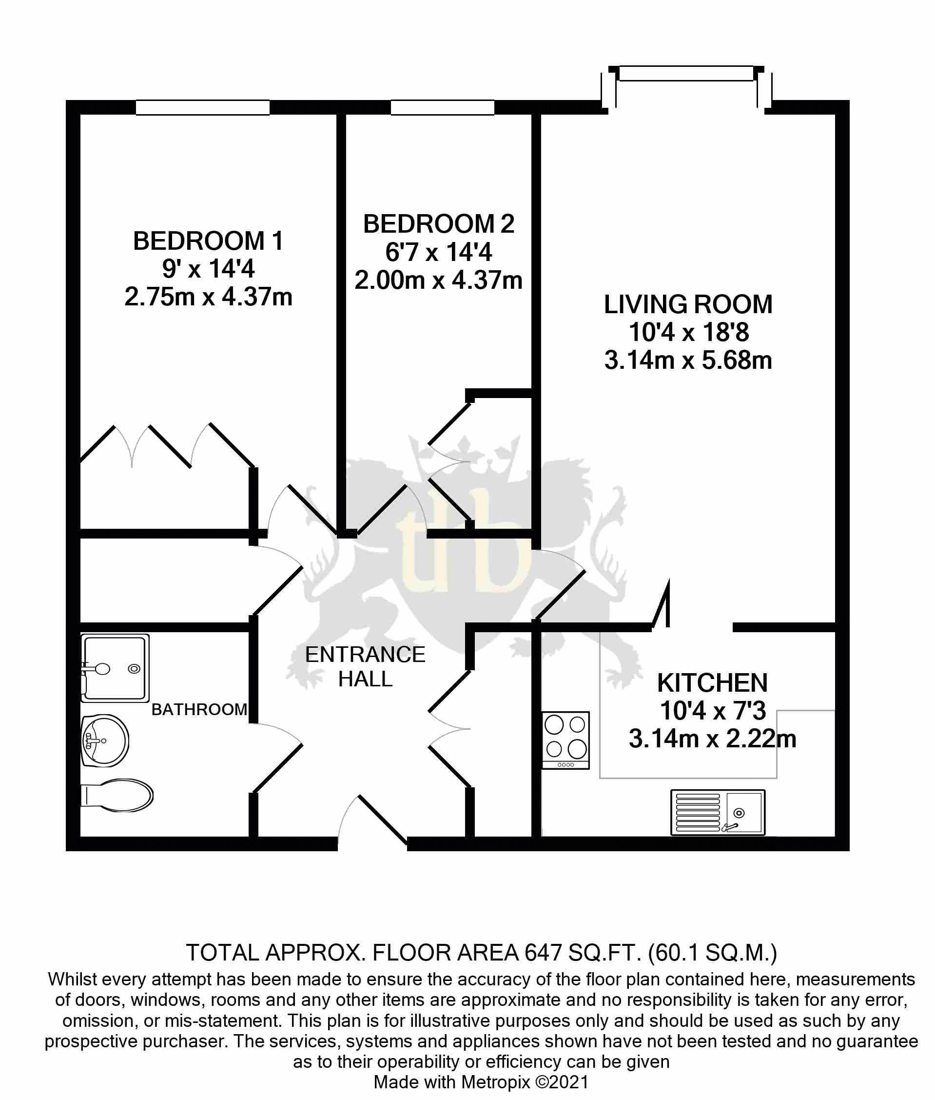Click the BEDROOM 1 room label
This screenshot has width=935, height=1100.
pos(208,241)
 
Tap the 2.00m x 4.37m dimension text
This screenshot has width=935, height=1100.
pos(438,280)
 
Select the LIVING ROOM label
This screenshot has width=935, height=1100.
pos(688,305)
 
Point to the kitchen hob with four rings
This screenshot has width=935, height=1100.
pos(565,740)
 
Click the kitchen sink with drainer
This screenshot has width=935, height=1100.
pos(718,812)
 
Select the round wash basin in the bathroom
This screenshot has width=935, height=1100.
pos(105,740)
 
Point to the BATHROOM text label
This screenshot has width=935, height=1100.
pos(199,710)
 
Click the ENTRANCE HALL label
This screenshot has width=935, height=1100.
pos(365,667)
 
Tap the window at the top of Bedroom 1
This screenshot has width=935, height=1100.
pos(202,108)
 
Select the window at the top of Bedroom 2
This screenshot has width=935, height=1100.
pos(443,108)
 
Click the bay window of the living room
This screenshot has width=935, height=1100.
pos(686,74)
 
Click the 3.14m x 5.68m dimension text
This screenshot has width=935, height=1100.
pos(688,361)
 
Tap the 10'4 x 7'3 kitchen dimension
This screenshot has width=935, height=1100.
pos(712,711)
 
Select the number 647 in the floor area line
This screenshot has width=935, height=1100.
pos(542,953)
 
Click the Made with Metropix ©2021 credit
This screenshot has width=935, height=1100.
pos(481,1082)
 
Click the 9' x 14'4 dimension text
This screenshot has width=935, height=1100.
pos(208,269)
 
